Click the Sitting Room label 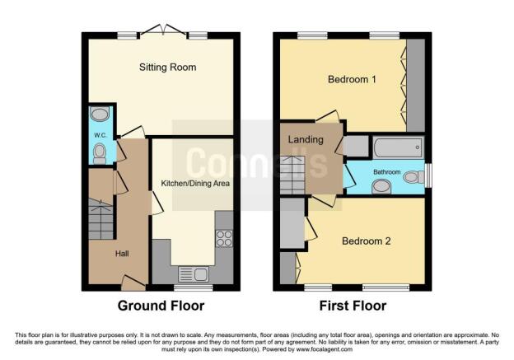coord(168,68)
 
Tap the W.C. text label coord(100,135)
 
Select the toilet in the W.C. coord(100,152)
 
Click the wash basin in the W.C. coord(100,115)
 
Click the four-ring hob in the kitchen coord(223,238)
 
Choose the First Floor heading coord(353,306)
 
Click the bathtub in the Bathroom coord(398,148)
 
